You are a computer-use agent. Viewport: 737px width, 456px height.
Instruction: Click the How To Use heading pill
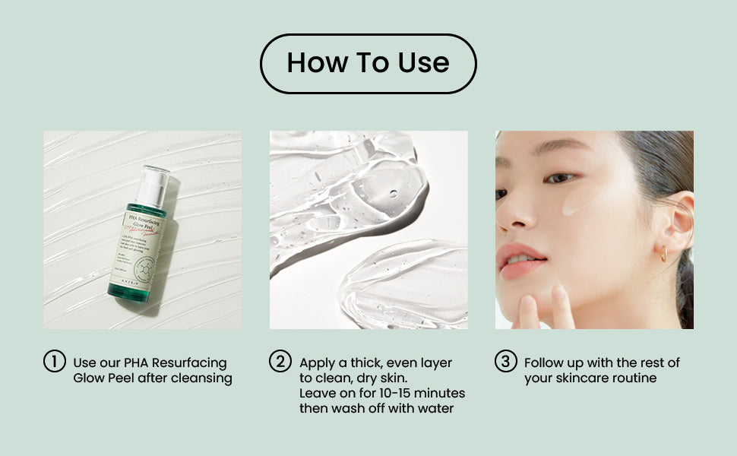coord(368,63)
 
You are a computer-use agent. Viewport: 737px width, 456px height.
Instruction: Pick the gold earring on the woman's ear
coord(664,254)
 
